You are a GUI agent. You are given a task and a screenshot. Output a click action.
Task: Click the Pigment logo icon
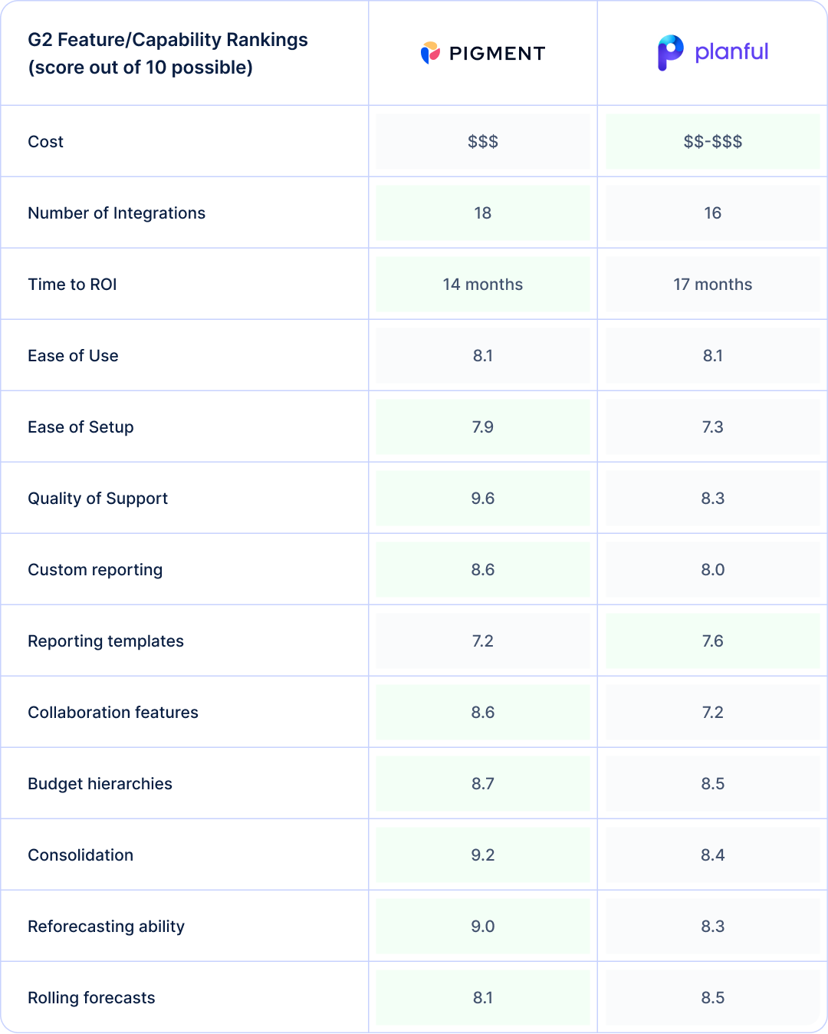coord(430,53)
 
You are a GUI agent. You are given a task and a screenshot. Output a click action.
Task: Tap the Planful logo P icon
coord(670,52)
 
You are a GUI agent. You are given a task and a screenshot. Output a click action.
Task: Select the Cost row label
coord(46,142)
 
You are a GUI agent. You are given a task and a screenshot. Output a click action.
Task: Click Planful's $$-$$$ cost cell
coord(712,142)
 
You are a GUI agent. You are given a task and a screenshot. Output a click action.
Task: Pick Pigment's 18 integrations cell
coord(482,213)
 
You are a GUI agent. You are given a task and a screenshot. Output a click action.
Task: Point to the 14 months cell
coord(482,285)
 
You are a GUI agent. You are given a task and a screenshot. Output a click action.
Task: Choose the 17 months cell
coord(712,285)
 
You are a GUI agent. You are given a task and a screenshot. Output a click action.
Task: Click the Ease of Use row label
coord(73,356)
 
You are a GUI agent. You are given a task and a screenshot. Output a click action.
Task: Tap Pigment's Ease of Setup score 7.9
coord(482,427)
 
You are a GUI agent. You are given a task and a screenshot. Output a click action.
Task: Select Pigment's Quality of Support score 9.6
coord(482,499)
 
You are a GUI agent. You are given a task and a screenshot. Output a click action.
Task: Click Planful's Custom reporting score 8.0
coord(712,570)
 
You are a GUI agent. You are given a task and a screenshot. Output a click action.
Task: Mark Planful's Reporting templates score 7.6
coord(712,641)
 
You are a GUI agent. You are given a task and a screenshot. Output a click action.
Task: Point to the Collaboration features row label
coord(113,713)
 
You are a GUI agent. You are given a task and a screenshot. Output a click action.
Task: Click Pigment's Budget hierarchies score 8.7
coord(482,784)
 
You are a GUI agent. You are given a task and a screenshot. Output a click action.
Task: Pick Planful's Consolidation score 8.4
coord(712,855)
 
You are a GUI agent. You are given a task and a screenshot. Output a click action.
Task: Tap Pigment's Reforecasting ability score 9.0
coord(482,927)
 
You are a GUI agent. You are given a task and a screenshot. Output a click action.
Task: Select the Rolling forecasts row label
coord(91,998)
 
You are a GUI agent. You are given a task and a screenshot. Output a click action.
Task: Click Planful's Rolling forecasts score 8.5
coord(712,998)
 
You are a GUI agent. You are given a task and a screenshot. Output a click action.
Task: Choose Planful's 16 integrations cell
coord(712,213)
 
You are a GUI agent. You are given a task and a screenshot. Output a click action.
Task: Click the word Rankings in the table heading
coord(271,40)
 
